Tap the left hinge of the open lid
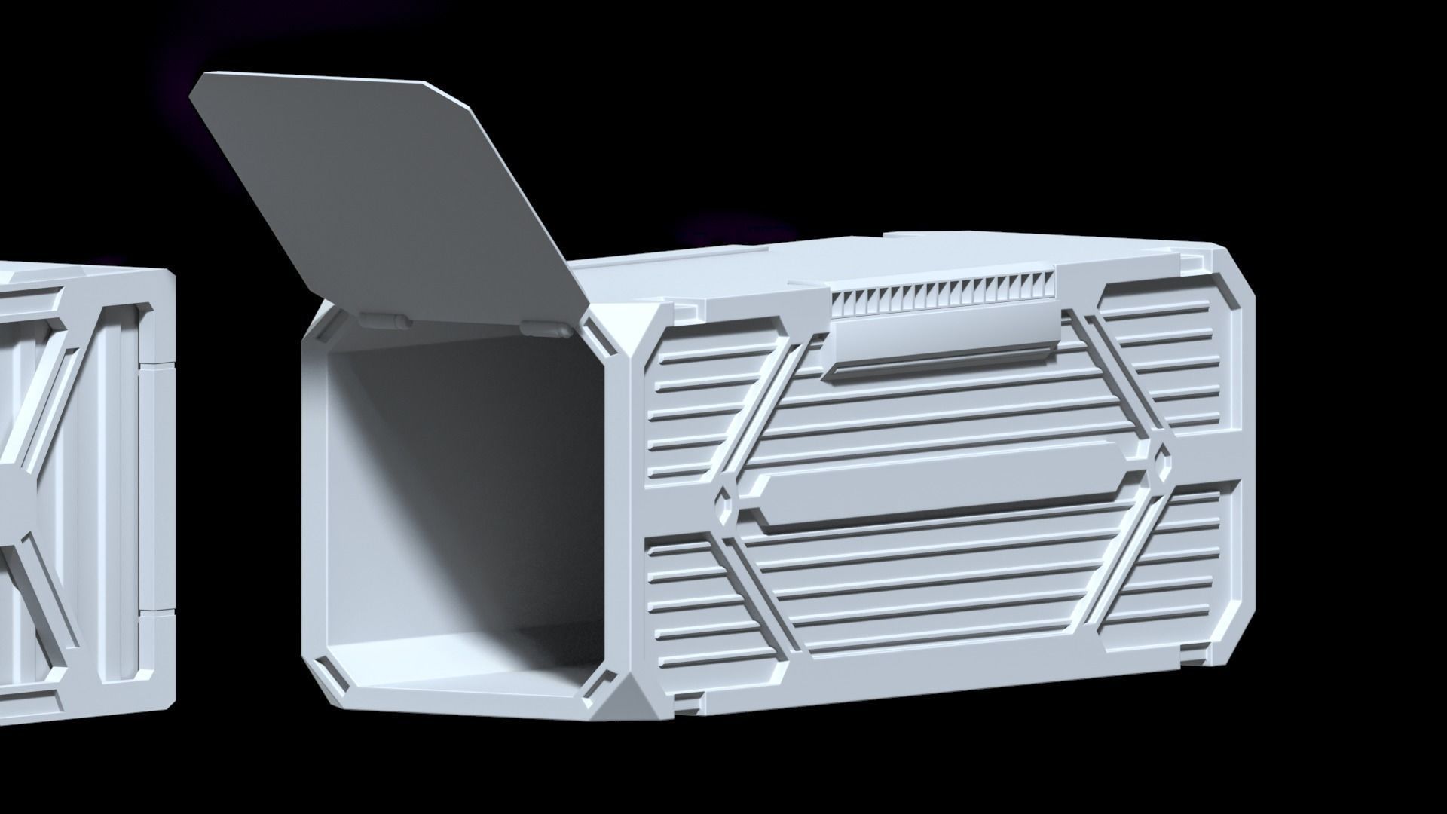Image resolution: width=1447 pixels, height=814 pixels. click(x=387, y=321)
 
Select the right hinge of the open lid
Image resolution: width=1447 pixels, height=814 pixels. click(x=545, y=329)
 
